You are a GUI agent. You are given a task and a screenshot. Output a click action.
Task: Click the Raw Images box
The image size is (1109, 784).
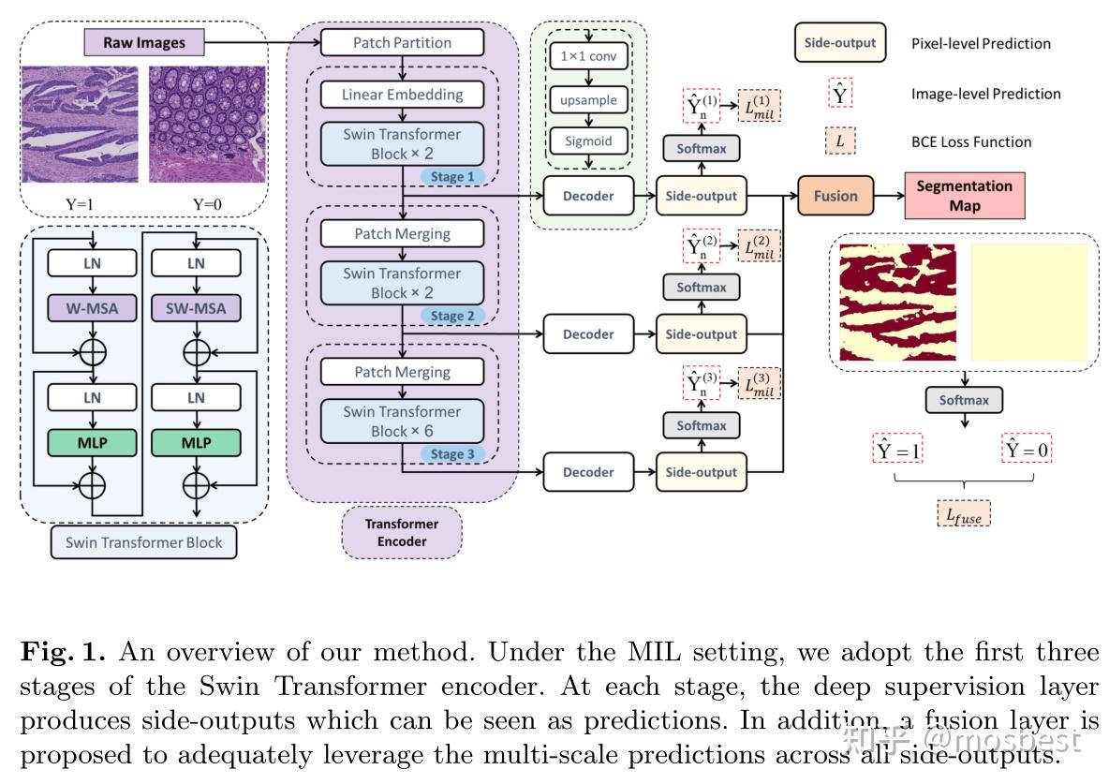click(x=143, y=42)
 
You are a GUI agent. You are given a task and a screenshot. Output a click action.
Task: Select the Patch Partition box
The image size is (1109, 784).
click(x=402, y=42)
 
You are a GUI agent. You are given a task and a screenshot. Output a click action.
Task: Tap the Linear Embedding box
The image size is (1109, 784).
click(x=402, y=95)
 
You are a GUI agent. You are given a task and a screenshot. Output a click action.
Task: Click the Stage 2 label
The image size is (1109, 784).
click(x=452, y=317)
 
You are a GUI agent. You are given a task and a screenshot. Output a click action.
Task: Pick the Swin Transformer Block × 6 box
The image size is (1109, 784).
click(x=402, y=422)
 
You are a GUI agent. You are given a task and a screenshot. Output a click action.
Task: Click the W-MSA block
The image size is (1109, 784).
click(x=92, y=308)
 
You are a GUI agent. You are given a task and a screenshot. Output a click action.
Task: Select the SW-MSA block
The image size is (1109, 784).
click(x=196, y=308)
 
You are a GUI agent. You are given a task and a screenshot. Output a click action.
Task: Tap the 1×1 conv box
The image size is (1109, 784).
click(x=587, y=58)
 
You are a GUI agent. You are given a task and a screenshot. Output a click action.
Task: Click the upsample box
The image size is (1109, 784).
click(x=587, y=100)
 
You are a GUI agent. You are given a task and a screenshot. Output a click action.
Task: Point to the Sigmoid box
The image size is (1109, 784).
click(x=587, y=141)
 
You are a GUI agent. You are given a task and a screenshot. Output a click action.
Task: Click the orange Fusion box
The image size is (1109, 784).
click(x=835, y=196)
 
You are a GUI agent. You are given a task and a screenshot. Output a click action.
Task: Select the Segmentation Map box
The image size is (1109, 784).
click(x=964, y=196)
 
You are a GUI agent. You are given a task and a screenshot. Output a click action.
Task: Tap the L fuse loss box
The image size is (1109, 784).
click(x=964, y=513)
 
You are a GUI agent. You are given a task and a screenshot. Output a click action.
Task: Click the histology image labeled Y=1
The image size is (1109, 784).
click(x=80, y=124)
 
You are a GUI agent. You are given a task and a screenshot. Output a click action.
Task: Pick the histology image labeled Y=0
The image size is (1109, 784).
click(x=207, y=124)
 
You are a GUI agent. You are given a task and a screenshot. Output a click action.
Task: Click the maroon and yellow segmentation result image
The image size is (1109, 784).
click(x=897, y=303)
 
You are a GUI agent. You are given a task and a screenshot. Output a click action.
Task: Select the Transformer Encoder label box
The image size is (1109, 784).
click(x=402, y=532)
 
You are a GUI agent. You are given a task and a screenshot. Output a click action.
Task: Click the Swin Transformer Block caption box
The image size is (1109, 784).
click(x=143, y=542)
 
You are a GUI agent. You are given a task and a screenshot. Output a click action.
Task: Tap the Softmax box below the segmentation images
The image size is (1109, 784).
click(x=964, y=400)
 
